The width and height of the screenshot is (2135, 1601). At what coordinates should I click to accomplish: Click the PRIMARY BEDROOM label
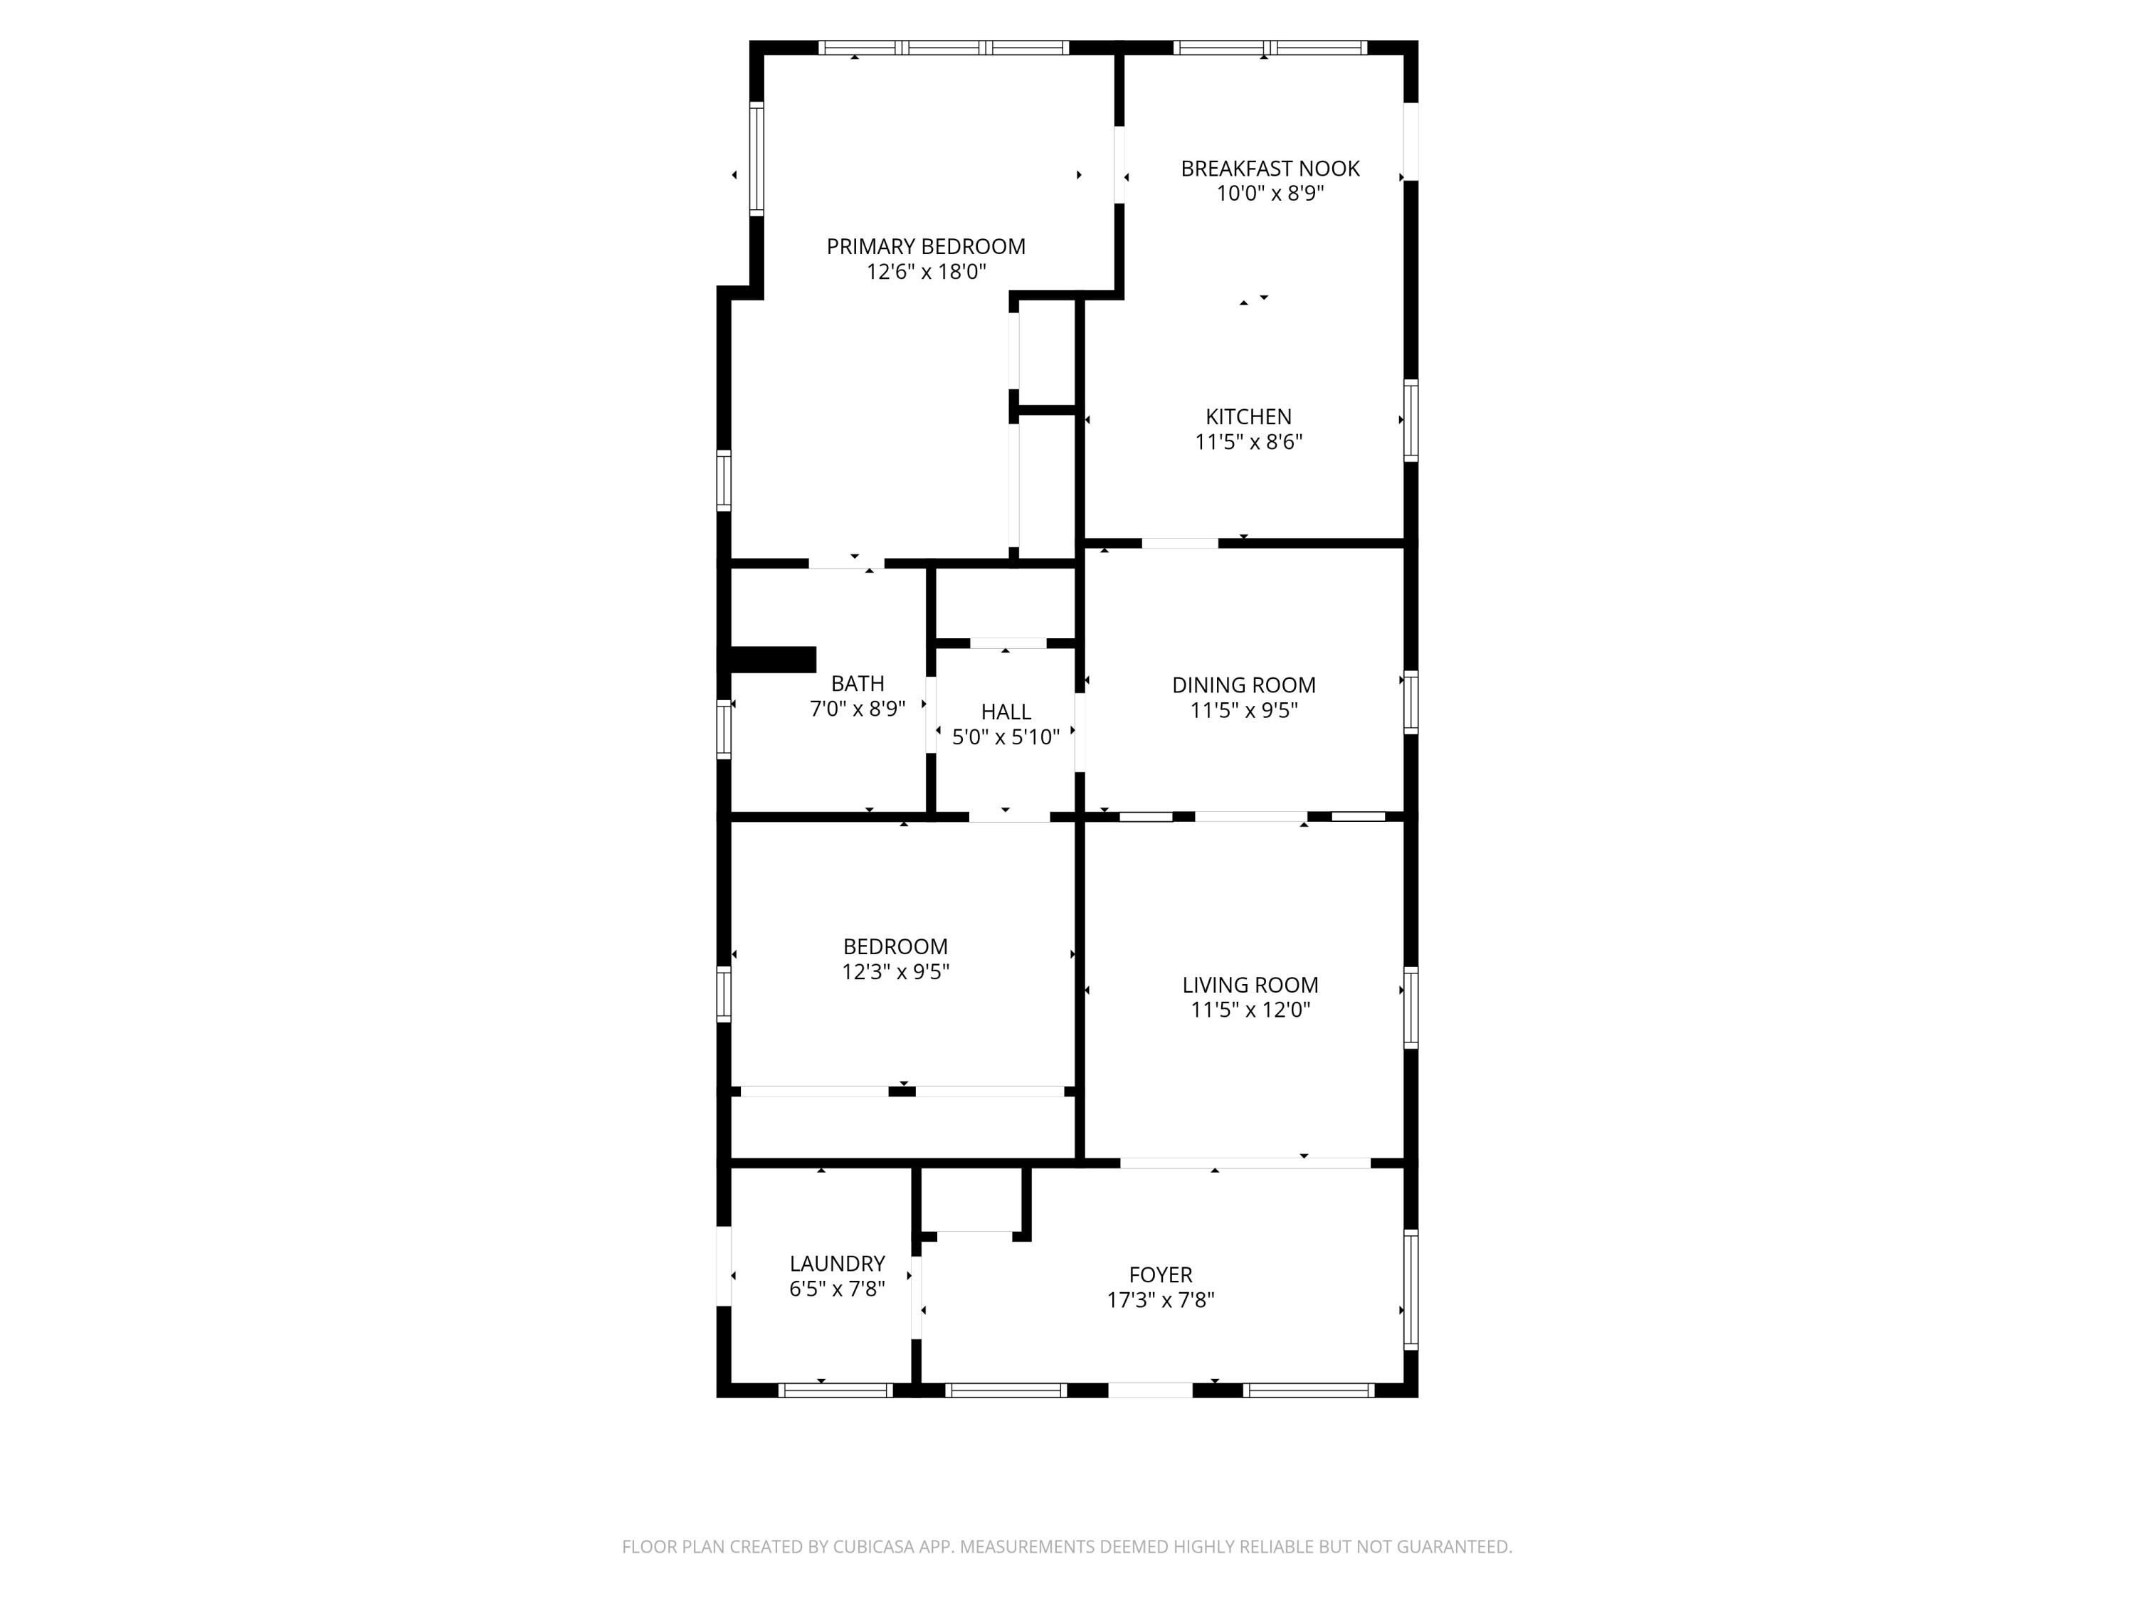click(x=924, y=246)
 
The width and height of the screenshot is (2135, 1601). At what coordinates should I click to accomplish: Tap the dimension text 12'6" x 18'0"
click(x=924, y=272)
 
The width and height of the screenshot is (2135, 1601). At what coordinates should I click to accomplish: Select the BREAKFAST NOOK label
click(x=1269, y=168)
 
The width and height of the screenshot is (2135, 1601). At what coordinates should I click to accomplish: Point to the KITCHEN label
click(x=1248, y=417)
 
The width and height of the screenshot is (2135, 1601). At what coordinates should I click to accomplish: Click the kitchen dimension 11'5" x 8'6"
click(x=1248, y=442)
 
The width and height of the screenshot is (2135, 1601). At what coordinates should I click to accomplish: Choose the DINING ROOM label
click(x=1243, y=685)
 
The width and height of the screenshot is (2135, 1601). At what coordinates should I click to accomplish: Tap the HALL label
click(x=1006, y=712)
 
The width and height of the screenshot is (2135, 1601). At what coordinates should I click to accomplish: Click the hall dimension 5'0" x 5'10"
click(x=1006, y=737)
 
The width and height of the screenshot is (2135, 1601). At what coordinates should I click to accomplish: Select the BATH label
click(x=857, y=683)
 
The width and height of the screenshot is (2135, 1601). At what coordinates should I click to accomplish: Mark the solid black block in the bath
click(x=773, y=659)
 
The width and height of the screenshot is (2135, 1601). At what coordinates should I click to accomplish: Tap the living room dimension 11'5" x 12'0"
click(x=1249, y=1010)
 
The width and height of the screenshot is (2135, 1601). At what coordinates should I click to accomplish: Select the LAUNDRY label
click(x=837, y=1263)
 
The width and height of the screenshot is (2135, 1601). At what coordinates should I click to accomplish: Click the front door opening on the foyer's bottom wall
click(x=1149, y=1390)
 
